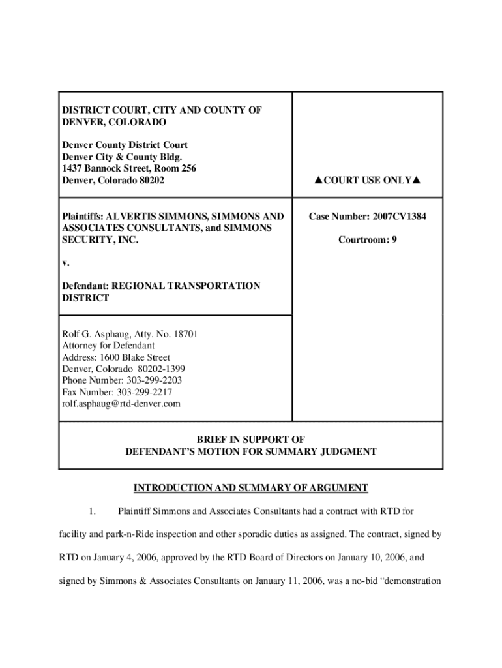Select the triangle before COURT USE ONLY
tap(317, 180)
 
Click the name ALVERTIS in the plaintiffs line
tap(131, 216)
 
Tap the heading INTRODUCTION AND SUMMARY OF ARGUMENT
tap(251, 488)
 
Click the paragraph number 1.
tap(94, 511)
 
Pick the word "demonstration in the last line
tap(405, 582)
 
